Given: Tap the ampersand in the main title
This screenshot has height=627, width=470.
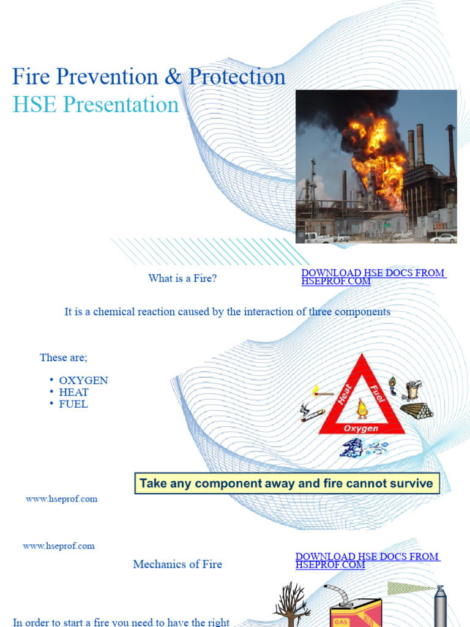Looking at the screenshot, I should (x=173, y=77).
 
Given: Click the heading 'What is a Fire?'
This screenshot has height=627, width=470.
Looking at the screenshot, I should (x=182, y=279).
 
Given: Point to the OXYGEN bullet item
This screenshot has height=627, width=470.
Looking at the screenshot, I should (x=83, y=380).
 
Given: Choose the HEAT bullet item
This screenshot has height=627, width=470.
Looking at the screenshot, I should (x=74, y=392).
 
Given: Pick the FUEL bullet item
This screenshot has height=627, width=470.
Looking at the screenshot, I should (x=73, y=404).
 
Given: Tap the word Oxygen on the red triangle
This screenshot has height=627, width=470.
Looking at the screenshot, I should (x=361, y=428).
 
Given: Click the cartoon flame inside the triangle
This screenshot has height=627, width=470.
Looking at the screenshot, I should (x=362, y=408).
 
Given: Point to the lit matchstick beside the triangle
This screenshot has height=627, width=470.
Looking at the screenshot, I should (x=322, y=391).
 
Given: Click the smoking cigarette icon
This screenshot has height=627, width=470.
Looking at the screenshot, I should (x=312, y=415).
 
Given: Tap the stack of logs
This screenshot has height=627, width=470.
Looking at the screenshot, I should (x=417, y=410).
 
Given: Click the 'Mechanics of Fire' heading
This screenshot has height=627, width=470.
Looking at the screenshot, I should (x=177, y=565).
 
